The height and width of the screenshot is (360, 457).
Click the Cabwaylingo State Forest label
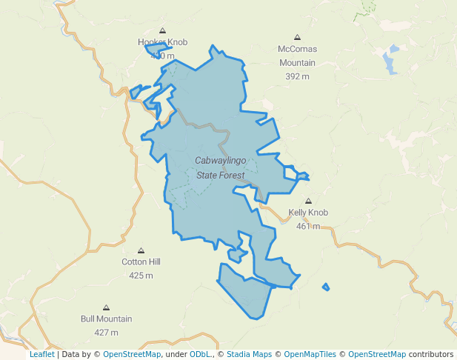220,167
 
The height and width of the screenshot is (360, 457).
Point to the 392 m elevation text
296,76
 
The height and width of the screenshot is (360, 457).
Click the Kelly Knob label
308,213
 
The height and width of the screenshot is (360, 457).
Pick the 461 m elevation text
308,226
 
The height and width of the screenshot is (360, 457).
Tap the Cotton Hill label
141,261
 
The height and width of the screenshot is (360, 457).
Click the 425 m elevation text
141,276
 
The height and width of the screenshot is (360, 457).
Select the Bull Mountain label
106,319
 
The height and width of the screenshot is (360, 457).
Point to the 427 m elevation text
106,333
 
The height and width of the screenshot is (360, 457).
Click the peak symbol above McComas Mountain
298,36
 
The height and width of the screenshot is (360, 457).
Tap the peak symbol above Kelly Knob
309,201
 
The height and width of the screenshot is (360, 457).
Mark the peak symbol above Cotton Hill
141,250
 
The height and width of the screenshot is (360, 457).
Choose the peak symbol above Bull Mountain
106,307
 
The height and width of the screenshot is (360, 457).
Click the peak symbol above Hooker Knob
162,30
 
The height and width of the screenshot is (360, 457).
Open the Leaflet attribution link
42,354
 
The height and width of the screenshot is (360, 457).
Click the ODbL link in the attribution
199,354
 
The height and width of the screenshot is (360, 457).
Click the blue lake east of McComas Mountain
389,61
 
